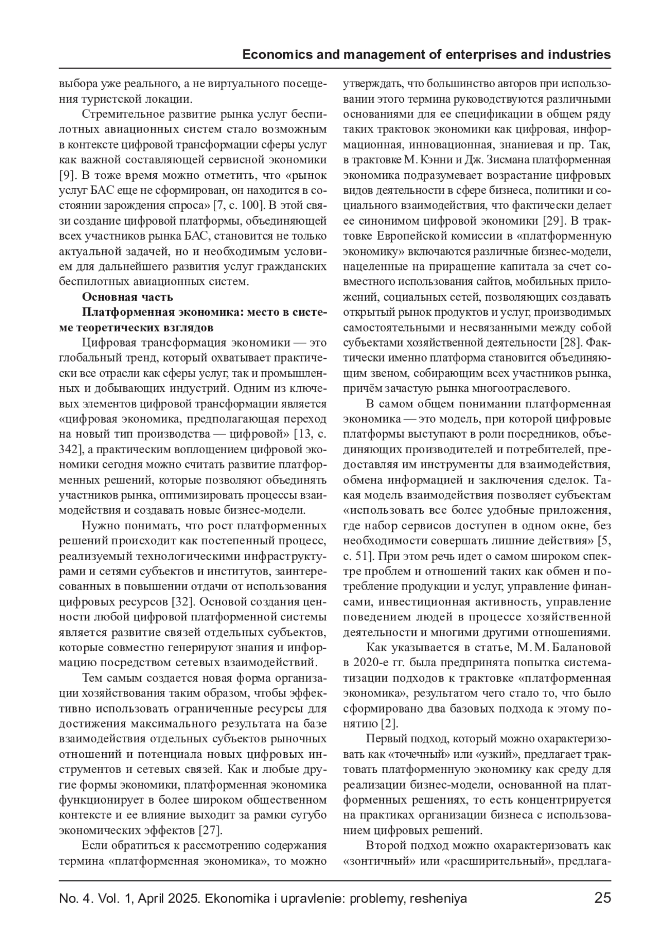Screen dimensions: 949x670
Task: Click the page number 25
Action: point(602,898)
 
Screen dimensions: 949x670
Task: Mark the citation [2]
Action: point(389,724)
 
